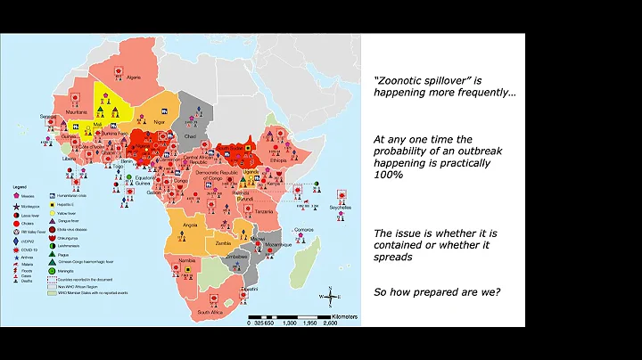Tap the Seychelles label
click(x=338, y=207)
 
